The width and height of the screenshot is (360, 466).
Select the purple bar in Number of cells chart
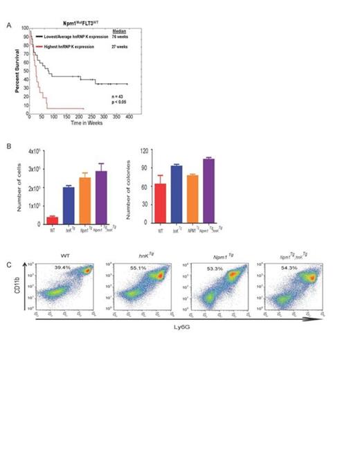point(101,197)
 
